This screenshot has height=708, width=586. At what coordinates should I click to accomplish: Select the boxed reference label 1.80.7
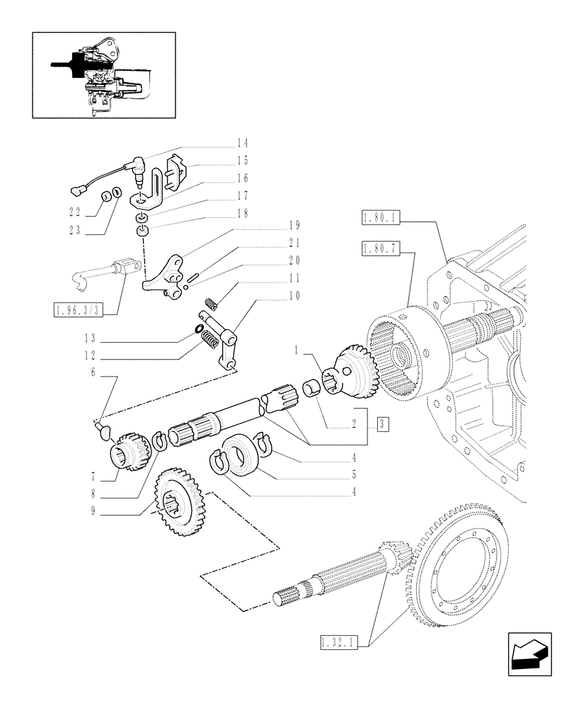(x=381, y=249)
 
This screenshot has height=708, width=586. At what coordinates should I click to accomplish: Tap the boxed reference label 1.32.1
(x=339, y=643)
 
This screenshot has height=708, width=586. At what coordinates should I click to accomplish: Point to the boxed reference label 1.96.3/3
(x=84, y=310)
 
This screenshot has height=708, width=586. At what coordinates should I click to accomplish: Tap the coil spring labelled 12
(x=210, y=341)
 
